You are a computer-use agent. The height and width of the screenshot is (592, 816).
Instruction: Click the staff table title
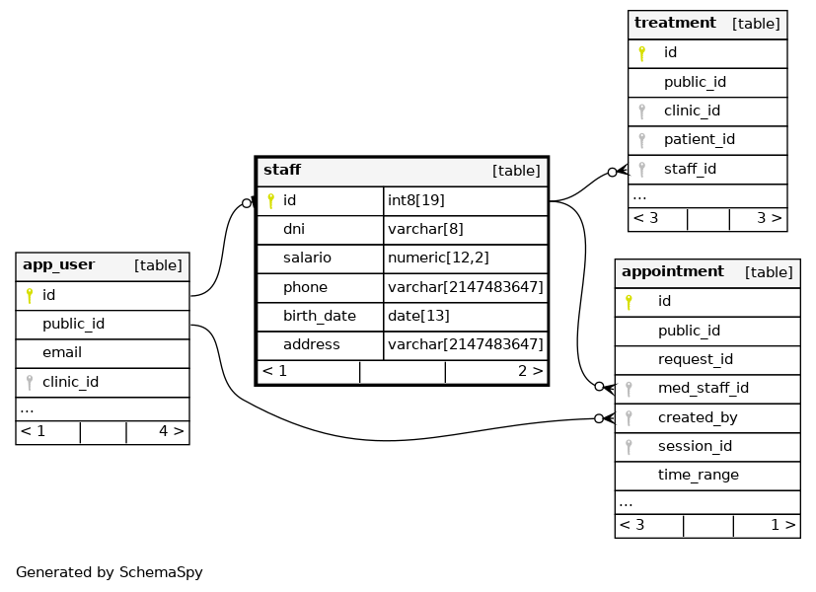[x=282, y=170]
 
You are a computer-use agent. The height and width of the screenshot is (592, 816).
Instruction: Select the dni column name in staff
[x=294, y=229]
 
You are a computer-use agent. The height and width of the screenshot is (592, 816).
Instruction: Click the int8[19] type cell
[x=415, y=200]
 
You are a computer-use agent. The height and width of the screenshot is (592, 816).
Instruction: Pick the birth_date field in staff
[x=320, y=316]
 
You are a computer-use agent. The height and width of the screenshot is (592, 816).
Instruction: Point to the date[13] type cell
[x=418, y=316]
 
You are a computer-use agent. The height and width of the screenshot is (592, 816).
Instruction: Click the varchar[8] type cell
[x=425, y=229]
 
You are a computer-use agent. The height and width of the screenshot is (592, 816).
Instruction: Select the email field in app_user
[x=62, y=352]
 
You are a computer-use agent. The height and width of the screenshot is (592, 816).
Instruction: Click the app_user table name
[x=59, y=264]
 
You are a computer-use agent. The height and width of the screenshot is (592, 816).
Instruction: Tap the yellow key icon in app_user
[x=30, y=295]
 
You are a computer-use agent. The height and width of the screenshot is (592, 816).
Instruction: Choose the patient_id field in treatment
[x=700, y=139]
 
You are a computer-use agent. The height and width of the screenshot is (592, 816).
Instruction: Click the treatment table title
[x=675, y=23]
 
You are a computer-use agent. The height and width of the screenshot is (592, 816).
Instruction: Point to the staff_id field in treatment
[x=690, y=169]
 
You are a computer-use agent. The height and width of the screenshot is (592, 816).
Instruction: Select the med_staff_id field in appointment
[x=704, y=388]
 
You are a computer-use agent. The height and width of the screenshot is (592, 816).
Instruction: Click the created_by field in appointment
[x=698, y=417]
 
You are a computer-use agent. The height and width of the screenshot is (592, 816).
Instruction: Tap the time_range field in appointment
[x=699, y=475]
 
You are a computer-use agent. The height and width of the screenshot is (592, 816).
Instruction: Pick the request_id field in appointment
[x=696, y=359]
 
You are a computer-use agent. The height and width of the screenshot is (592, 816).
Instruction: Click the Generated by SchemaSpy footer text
[x=110, y=572]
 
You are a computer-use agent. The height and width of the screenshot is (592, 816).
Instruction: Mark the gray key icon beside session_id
[x=629, y=447]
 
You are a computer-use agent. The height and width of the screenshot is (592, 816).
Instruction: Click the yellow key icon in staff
[x=270, y=201]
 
